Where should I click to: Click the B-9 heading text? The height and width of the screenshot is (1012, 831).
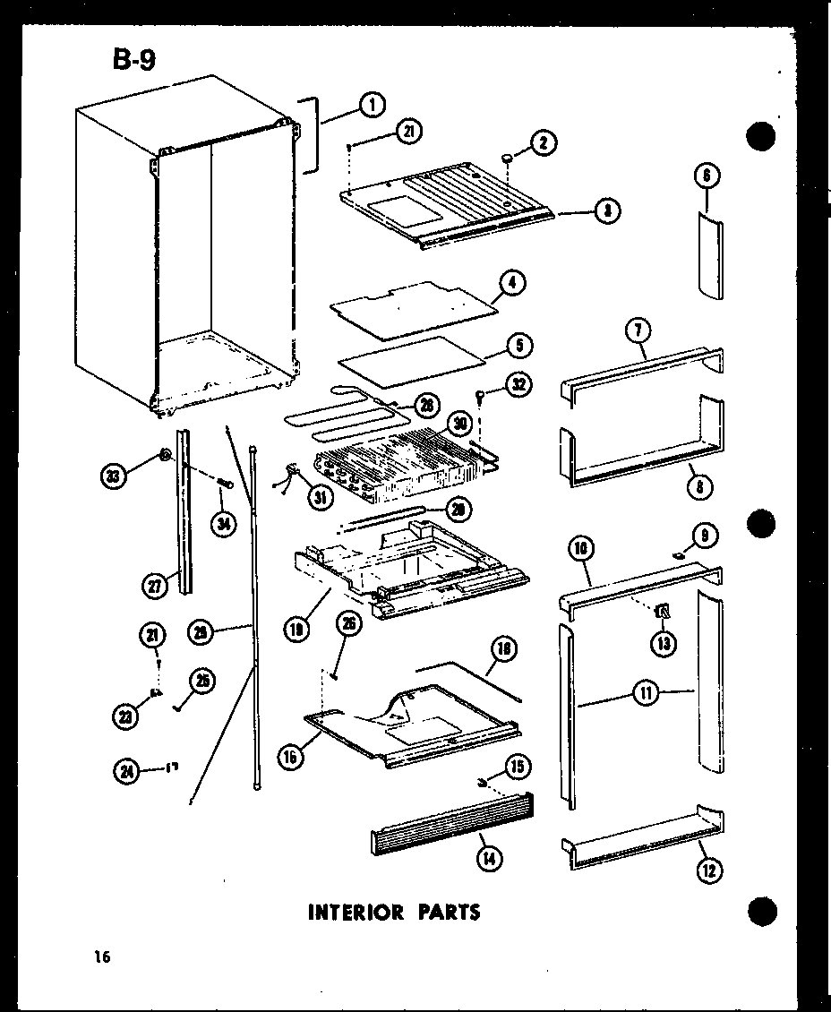(132, 60)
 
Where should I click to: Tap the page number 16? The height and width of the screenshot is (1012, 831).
(100, 958)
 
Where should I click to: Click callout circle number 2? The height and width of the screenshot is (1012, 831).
(543, 142)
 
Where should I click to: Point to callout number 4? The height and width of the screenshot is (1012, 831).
(513, 283)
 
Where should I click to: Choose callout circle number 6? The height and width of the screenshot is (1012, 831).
(707, 176)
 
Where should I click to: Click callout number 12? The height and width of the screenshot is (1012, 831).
(710, 870)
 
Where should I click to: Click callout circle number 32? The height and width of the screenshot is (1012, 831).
(518, 385)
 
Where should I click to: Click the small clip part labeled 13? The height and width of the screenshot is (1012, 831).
(664, 611)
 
